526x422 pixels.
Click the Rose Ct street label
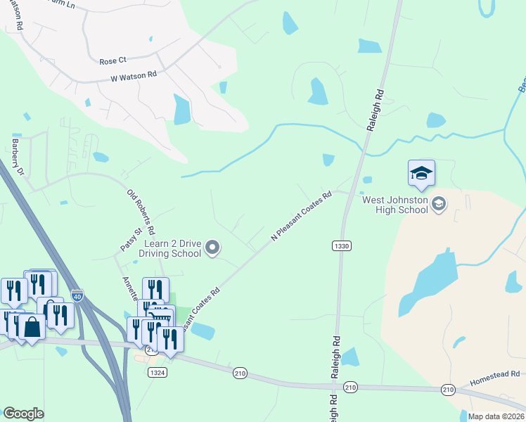113,61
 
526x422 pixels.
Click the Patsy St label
131,239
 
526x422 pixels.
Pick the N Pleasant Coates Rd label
301,217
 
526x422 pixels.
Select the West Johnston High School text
394,204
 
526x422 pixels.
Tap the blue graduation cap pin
421,174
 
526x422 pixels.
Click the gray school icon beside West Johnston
439,204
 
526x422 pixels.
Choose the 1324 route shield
158,373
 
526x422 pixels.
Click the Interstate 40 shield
77,297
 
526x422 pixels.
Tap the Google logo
23,414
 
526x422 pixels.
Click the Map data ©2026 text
495,416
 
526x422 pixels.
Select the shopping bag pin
32,326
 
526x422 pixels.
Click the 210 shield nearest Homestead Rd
448,389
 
